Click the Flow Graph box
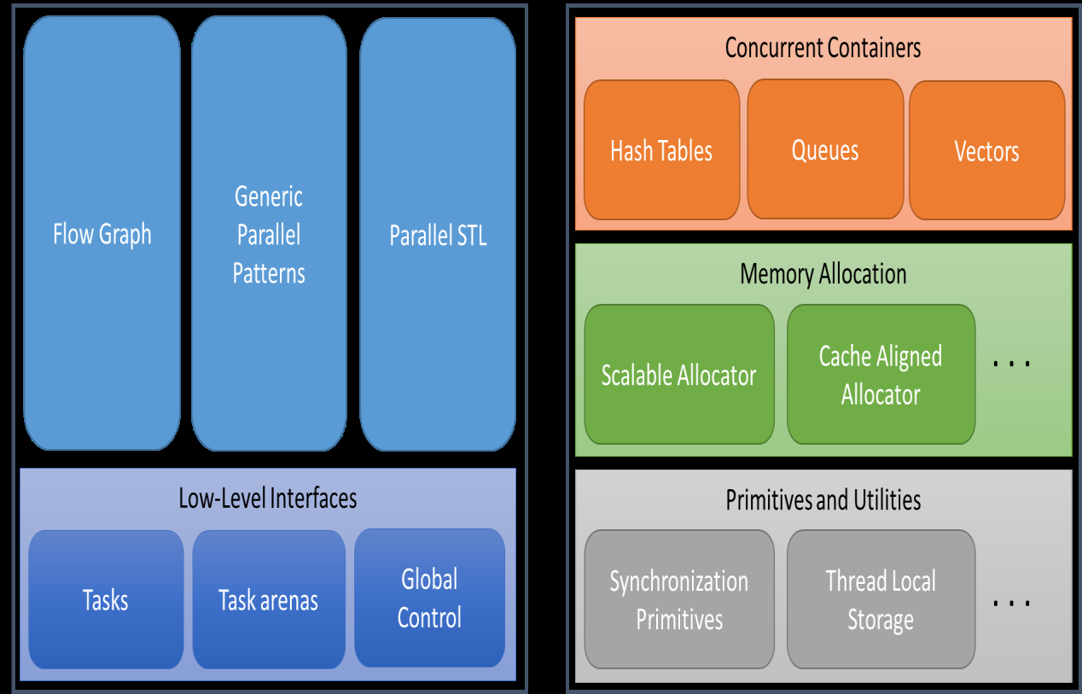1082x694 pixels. (x=102, y=233)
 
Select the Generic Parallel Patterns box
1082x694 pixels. (x=269, y=233)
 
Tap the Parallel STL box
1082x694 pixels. (x=438, y=235)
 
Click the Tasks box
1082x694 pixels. (x=106, y=600)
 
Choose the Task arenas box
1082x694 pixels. (x=269, y=600)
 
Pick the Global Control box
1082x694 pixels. (x=429, y=598)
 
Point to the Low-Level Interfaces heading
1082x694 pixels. (x=268, y=499)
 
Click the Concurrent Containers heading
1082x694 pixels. (x=823, y=47)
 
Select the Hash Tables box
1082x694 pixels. (x=662, y=150)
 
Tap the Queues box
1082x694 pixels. (x=825, y=149)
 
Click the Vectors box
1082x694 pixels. (x=986, y=150)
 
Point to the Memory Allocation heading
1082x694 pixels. (x=823, y=274)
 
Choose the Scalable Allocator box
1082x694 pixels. (x=679, y=374)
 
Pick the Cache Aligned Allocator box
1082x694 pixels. (x=881, y=374)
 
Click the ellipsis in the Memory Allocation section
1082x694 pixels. (x=1011, y=364)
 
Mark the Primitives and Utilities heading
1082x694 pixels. (x=823, y=499)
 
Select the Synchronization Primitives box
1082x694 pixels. (x=679, y=599)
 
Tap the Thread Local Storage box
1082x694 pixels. (x=881, y=599)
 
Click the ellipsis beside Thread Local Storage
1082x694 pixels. (x=1011, y=603)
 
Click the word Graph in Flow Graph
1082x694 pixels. (x=125, y=235)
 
